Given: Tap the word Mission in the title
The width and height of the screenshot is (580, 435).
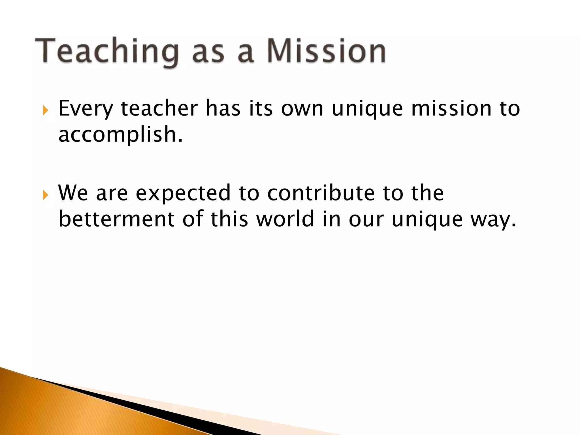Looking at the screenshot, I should (x=326, y=51).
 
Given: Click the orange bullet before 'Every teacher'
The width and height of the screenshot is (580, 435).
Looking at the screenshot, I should (x=45, y=110).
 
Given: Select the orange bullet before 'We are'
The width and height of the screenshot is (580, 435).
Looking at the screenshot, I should (x=45, y=195).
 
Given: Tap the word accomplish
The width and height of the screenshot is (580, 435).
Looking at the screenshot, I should (x=120, y=135).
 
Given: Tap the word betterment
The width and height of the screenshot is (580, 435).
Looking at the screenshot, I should (x=116, y=219).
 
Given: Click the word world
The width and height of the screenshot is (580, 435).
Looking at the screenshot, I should (x=285, y=219).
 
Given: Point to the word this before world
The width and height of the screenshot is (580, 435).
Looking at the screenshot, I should (x=229, y=219).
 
